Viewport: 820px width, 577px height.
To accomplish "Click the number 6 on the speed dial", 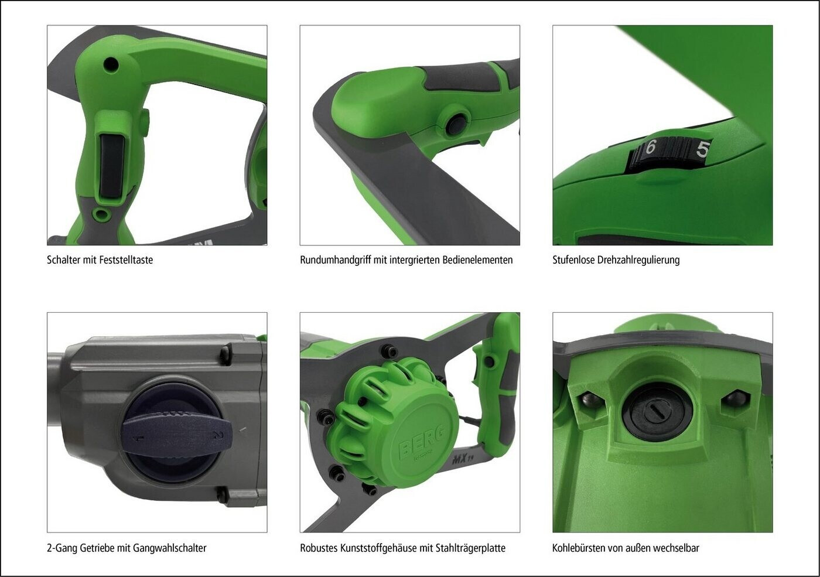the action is point(650,147).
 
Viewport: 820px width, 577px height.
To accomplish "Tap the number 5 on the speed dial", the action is point(702,149).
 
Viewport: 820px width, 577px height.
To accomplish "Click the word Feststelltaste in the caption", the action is point(127,260).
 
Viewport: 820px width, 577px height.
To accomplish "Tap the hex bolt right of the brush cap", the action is point(732,399).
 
